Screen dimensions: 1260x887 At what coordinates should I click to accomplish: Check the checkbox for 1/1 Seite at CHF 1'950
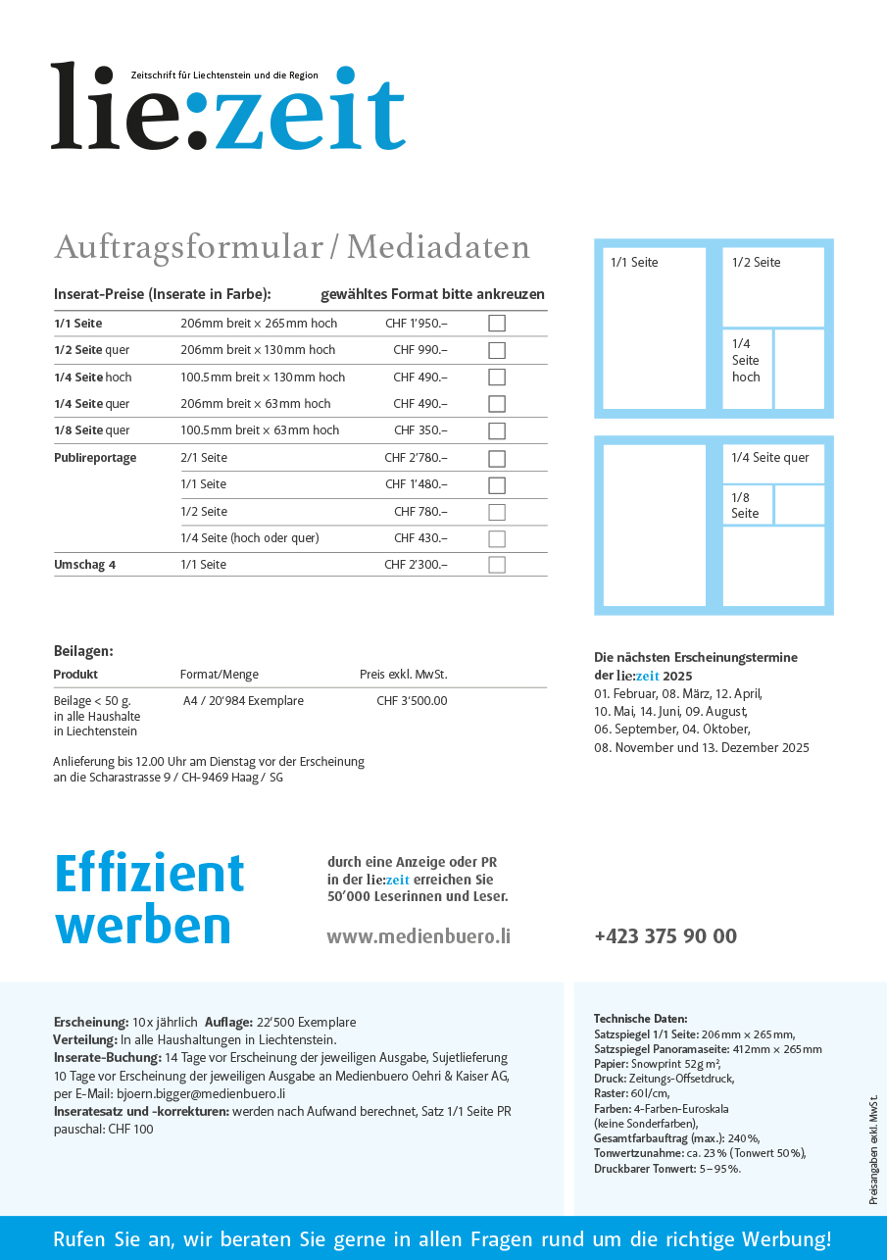[497, 323]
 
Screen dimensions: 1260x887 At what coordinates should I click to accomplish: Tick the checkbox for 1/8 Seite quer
[497, 430]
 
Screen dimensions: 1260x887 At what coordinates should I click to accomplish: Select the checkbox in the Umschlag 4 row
[497, 565]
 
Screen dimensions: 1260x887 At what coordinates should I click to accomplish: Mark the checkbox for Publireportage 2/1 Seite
[497, 458]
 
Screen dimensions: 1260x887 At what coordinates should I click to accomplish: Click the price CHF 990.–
[420, 350]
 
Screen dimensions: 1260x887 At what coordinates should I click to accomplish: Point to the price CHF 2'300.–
[416, 565]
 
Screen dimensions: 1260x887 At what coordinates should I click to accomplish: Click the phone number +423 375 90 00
[665, 936]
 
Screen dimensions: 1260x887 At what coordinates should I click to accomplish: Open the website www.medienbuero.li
[419, 936]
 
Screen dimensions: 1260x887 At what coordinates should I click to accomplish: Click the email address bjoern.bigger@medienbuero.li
[201, 1093]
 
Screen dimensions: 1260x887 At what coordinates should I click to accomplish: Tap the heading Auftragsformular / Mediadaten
[292, 247]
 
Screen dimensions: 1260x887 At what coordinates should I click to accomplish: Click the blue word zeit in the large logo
[309, 110]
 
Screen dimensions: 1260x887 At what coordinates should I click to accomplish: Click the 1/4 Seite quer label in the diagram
[770, 458]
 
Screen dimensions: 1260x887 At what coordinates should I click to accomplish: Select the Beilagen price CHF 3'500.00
[412, 701]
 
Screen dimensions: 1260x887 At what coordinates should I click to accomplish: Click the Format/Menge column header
[220, 675]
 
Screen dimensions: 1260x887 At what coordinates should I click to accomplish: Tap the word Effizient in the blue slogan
[149, 873]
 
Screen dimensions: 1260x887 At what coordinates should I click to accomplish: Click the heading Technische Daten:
[641, 1019]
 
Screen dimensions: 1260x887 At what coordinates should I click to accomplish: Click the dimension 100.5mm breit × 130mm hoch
[263, 378]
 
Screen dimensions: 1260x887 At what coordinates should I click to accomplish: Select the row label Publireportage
[95, 458]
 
